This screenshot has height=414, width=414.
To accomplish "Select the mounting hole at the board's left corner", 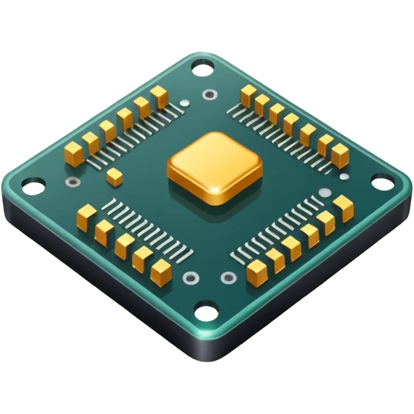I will [33, 187].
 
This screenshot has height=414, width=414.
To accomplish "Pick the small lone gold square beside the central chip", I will [114, 175].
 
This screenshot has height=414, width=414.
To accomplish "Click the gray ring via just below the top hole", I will [210, 94].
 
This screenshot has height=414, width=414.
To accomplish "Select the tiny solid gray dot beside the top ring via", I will [184, 103].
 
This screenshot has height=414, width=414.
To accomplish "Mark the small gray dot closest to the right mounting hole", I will [344, 177].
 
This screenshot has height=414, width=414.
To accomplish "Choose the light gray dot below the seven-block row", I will [324, 193].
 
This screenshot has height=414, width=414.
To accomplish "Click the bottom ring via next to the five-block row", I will [191, 278].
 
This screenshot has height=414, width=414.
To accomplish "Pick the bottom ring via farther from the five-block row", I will [228, 278].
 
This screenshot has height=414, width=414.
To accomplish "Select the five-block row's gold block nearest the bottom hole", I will [161, 272].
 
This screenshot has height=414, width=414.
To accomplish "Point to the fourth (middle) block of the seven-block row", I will [291, 123].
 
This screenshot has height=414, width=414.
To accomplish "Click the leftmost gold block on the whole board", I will [74, 153].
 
